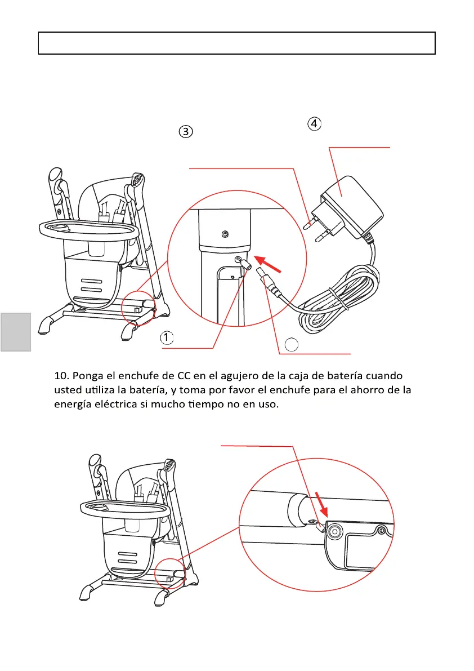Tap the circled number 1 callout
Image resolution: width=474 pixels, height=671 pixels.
167,337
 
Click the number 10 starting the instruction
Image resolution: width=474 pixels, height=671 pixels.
62,375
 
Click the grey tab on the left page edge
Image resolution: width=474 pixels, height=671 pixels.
15,332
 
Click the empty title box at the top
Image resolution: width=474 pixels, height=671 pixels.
236,43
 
